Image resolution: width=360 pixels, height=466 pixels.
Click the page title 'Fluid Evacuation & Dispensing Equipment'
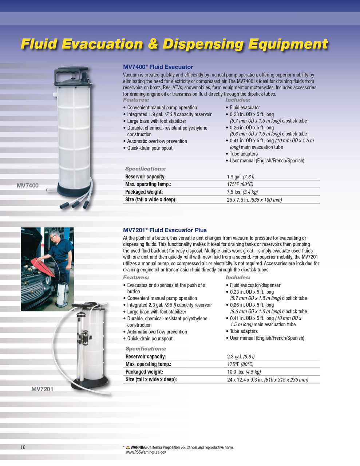click(174, 44)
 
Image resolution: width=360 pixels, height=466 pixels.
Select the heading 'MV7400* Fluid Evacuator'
click(158, 67)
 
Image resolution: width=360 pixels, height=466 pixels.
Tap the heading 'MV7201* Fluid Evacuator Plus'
click(165, 230)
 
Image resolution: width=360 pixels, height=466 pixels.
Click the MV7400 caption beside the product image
click(28, 186)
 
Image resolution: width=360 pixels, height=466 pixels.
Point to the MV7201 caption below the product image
click(42, 389)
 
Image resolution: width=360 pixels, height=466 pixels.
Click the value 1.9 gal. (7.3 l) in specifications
click(240, 177)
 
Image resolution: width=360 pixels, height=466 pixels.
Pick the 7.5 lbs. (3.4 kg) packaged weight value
click(242, 192)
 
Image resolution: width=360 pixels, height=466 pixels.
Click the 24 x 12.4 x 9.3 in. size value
click(268, 380)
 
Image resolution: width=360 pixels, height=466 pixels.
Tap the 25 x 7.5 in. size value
click(254, 200)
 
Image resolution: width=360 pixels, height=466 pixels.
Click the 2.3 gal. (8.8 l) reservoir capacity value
click(241, 357)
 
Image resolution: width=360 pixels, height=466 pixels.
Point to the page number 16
click(23, 447)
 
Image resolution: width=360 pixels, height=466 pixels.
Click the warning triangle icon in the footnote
click(128, 447)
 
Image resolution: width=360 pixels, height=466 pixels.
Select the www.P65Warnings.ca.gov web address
click(146, 452)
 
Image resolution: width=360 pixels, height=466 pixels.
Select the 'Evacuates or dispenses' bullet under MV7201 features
click(166, 285)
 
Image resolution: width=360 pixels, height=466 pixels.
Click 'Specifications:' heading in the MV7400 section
click(145, 169)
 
